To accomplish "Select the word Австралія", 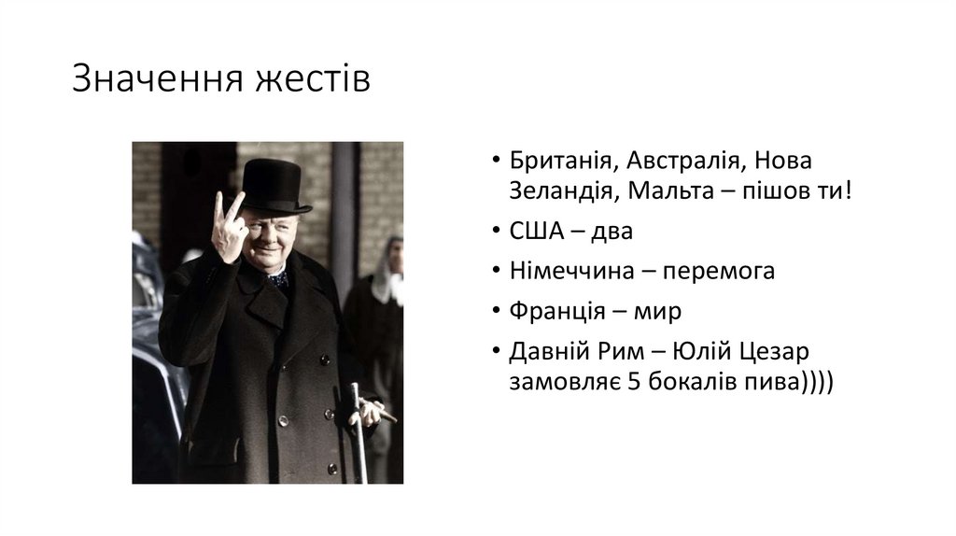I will pyautogui.click(x=683, y=160).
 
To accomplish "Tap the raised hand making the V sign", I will pyautogui.click(x=229, y=227).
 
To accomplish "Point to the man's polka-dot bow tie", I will pyautogui.click(x=277, y=278).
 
